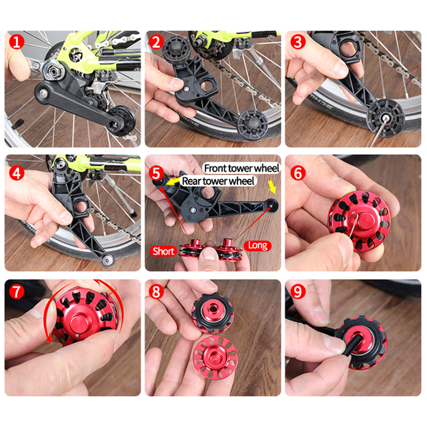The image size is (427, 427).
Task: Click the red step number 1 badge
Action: [x=17, y=42]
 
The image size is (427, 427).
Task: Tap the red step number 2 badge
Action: [x=156, y=42]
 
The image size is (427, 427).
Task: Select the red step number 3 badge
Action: [x=298, y=42]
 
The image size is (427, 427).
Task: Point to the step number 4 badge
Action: [x=17, y=173]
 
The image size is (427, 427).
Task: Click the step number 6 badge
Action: [x=298, y=173]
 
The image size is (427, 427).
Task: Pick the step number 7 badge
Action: [x=17, y=291]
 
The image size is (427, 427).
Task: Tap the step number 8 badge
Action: [x=156, y=291]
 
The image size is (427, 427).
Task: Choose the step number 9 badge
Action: [x=298, y=291]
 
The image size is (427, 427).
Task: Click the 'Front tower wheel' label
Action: [x=242, y=168]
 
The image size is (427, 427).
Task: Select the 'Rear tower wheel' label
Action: [x=218, y=181]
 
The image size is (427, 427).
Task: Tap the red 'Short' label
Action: [x=163, y=251]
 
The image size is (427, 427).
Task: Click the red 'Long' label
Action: [x=258, y=246]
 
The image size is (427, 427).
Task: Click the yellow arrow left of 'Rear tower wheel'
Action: [x=173, y=181]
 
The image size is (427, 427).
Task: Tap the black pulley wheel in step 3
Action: [x=385, y=118]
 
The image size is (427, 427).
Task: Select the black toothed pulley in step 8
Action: [x=212, y=313]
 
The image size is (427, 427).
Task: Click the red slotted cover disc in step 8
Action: [x=215, y=357]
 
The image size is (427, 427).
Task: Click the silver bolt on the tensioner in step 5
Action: [x=193, y=210]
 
